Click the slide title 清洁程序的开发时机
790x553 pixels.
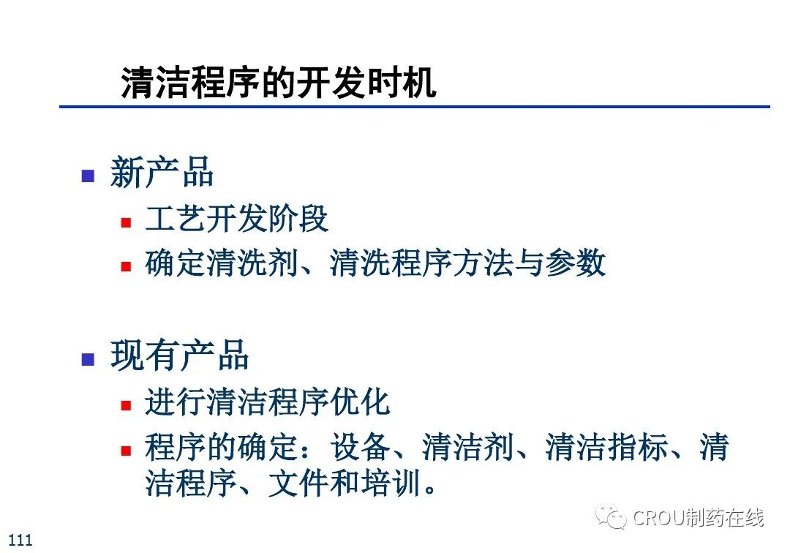point(279,82)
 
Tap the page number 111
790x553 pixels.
point(20,540)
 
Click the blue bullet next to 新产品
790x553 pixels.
point(89,176)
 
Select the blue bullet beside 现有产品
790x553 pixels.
point(89,359)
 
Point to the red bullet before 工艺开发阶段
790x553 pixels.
point(126,222)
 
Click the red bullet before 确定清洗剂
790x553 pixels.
point(126,266)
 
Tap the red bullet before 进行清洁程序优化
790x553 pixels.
point(126,405)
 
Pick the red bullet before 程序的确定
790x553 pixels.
point(126,450)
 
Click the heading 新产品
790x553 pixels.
point(162,172)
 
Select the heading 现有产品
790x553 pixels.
point(179,355)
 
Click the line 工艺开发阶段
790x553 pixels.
point(237,219)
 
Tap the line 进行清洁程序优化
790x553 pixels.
point(268,402)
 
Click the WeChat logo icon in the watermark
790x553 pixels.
point(611,516)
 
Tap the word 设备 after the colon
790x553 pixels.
point(360,447)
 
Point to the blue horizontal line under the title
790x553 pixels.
point(415,107)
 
